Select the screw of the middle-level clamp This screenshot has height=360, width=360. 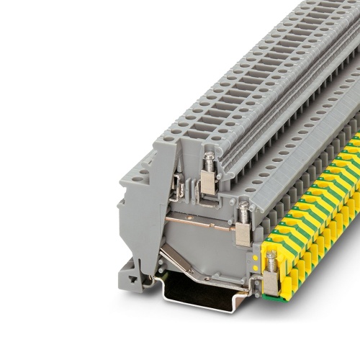click(x=243, y=211)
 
